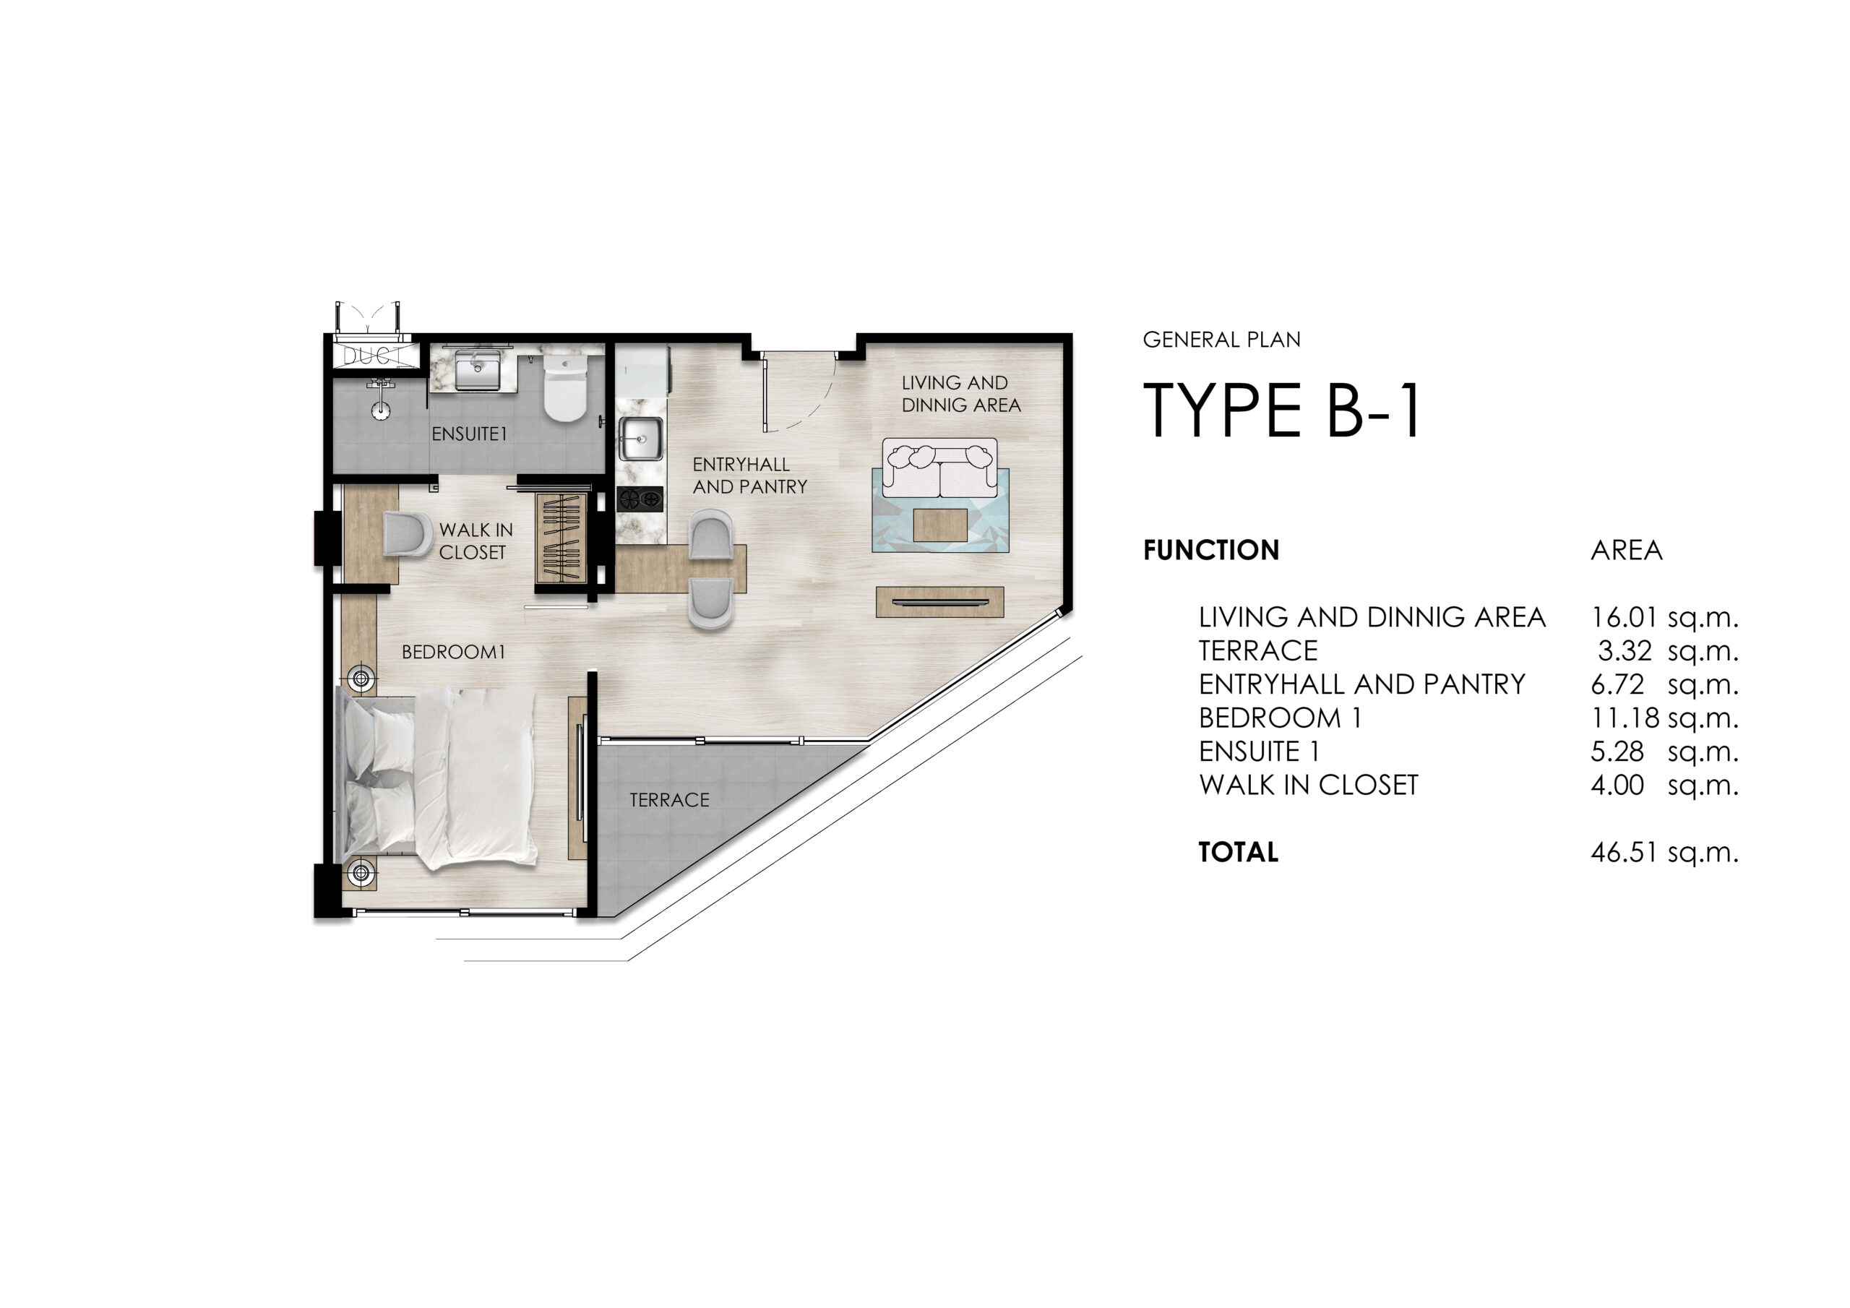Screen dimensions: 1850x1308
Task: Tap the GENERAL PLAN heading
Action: (1221, 340)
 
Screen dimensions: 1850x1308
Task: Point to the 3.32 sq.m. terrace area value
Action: (1668, 651)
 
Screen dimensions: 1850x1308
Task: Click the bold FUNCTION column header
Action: (1211, 551)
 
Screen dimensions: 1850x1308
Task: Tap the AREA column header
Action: (1626, 551)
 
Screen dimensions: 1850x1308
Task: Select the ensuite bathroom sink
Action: (477, 371)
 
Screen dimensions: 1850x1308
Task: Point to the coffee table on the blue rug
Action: (940, 525)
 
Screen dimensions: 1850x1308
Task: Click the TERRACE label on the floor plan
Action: (670, 800)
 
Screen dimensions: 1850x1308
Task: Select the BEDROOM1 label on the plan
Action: (454, 652)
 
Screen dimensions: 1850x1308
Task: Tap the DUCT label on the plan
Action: (373, 356)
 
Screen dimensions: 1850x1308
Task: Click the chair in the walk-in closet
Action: (408, 533)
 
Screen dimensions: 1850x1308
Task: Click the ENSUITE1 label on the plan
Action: (469, 434)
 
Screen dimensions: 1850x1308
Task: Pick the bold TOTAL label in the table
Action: (1239, 853)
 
